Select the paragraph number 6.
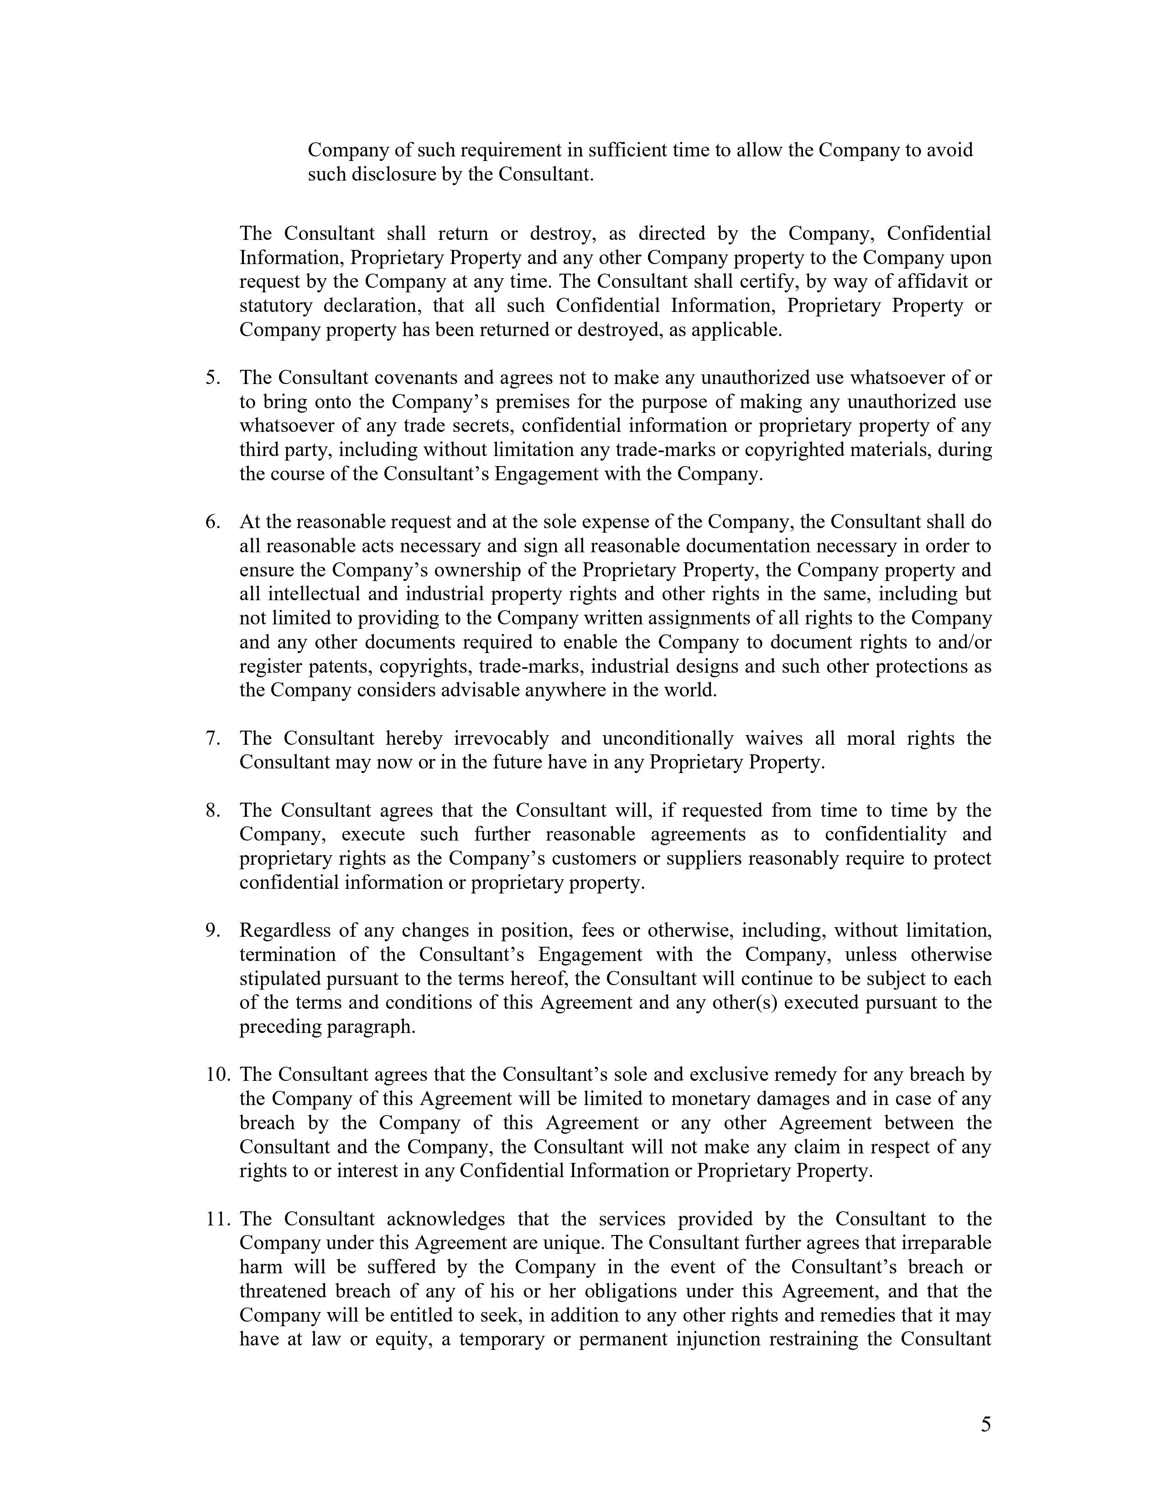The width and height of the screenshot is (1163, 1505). pos(212,522)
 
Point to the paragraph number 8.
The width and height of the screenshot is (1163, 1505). pos(212,810)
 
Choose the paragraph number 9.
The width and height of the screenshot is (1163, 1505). pos(212,930)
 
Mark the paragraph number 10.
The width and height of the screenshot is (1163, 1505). pos(217,1074)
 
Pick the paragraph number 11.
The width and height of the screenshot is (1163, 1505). pos(217,1219)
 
